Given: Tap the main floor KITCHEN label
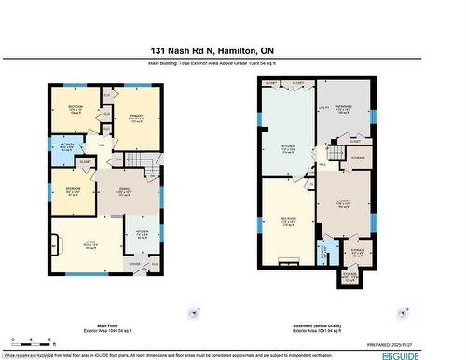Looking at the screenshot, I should tap(143, 233).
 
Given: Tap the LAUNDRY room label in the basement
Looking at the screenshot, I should tap(342, 205).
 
